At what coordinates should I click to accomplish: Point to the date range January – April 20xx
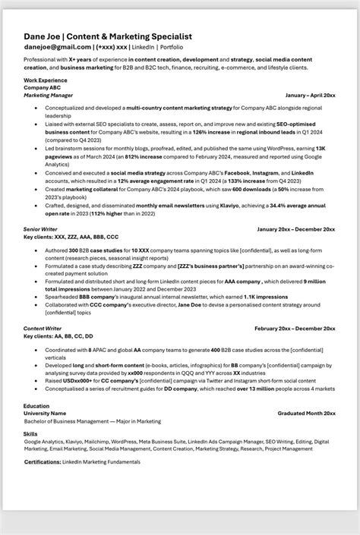tap(310, 96)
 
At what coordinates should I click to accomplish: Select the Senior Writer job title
tap(41, 228)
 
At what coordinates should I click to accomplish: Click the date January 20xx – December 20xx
tap(296, 228)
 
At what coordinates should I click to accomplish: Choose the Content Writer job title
tap(43, 328)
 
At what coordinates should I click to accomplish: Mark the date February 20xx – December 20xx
tap(295, 328)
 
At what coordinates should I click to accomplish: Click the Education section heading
tap(36, 406)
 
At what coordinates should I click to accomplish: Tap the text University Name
tap(45, 413)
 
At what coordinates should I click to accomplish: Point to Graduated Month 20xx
tap(306, 413)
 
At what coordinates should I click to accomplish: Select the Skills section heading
tap(31, 433)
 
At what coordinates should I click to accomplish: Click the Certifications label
tap(43, 461)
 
